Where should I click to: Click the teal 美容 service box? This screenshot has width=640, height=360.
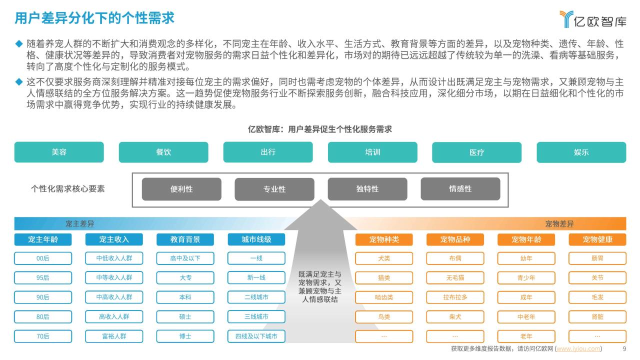coord(59,152)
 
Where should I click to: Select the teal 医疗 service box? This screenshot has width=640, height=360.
coord(476,152)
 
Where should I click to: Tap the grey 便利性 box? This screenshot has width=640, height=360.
coord(181,189)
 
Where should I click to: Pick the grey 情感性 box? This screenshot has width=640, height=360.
coord(460,189)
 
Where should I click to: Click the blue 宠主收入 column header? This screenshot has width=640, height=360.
coord(114,239)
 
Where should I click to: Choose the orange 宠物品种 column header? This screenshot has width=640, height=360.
coord(455,239)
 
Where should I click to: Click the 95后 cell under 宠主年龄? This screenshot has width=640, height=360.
coord(43,277)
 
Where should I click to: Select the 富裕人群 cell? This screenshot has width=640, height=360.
coord(114,336)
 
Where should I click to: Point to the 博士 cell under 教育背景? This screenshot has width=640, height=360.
coord(185,336)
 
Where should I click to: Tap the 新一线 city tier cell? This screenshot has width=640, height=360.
coord(256,277)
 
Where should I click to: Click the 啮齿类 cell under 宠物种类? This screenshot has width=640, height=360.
coord(384,297)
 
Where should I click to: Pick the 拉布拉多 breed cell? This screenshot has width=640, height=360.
coord(455,297)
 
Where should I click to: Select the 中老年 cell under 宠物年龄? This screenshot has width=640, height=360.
coord(526,317)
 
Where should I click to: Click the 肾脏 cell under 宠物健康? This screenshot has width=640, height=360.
coord(597,317)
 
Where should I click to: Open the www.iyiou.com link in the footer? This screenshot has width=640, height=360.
coord(578,349)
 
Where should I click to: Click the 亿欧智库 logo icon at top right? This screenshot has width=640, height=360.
coord(566,19)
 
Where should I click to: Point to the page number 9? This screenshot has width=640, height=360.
coord(624,349)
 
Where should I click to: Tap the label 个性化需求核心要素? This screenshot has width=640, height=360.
coord(68,189)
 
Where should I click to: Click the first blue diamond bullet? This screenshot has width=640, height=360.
coord(19,43)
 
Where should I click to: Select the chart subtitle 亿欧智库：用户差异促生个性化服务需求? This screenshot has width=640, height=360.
coord(320,129)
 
